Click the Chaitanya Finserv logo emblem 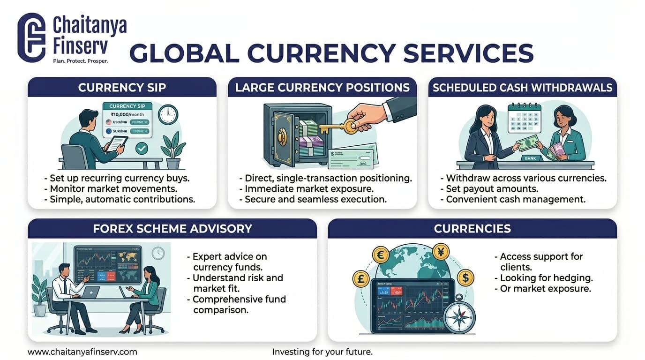(x=31, y=37)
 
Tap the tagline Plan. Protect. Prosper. (x=81, y=61)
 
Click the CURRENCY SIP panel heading (x=122, y=88)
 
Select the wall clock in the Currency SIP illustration (x=168, y=114)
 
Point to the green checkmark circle (x=142, y=149)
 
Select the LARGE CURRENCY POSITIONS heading (x=322, y=88)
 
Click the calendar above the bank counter (x=524, y=119)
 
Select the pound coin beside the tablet (x=361, y=279)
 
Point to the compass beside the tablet (x=461, y=315)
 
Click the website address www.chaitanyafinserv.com (x=82, y=352)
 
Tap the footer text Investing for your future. (x=322, y=352)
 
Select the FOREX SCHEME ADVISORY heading (x=172, y=229)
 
